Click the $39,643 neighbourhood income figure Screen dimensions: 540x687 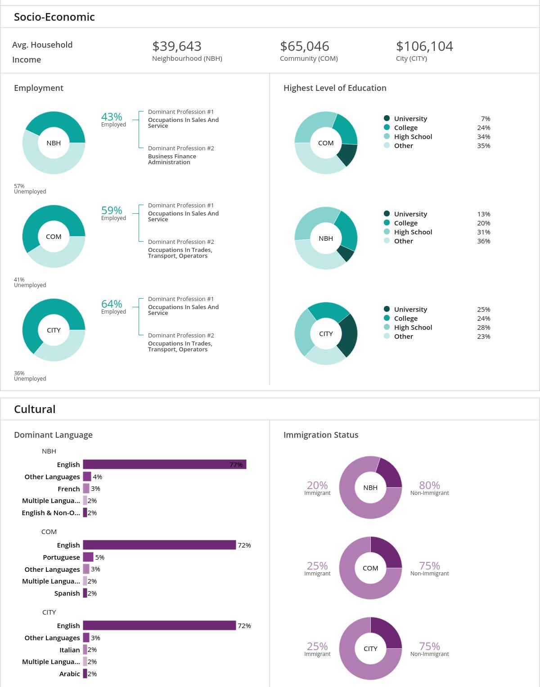(177, 46)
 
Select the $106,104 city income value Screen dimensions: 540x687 (424, 46)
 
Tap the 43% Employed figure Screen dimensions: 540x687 (113, 119)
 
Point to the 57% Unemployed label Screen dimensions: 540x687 (30, 189)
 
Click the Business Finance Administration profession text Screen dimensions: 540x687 (172, 159)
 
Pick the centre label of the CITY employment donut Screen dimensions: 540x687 (54, 330)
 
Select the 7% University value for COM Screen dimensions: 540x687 (485, 119)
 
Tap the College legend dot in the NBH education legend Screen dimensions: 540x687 (387, 223)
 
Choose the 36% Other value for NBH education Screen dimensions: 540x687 (484, 241)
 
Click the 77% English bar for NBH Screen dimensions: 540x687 (164, 464)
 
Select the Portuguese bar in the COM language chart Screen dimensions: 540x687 (88, 557)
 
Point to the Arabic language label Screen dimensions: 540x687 (70, 674)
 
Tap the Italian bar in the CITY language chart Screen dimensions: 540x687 (85, 650)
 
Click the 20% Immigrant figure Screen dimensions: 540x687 (317, 488)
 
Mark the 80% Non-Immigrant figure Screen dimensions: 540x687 (429, 488)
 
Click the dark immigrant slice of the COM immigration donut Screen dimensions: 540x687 (386, 552)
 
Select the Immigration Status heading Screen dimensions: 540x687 (321, 435)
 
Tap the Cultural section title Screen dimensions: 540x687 (35, 409)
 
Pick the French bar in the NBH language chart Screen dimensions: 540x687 (86, 489)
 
